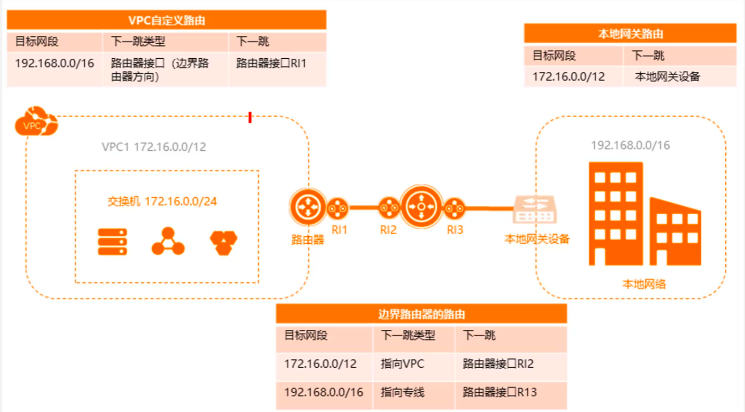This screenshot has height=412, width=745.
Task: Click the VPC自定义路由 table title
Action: [166, 20]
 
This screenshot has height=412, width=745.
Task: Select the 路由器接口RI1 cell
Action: [271, 63]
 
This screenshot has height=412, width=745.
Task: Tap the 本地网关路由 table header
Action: [630, 34]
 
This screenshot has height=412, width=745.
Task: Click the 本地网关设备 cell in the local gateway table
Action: [668, 77]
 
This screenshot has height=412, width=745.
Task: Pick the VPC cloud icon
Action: [36, 122]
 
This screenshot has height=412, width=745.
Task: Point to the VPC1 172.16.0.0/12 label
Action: [154, 147]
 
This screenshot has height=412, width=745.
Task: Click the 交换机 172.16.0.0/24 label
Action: [162, 201]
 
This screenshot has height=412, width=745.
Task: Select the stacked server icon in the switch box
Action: [112, 242]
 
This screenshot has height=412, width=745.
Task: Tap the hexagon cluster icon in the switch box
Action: [224, 242]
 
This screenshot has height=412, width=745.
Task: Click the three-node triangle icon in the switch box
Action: [168, 241]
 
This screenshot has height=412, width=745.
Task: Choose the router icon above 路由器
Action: [307, 207]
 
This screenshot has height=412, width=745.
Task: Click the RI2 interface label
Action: [388, 230]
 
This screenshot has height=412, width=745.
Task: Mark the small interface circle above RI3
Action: [454, 208]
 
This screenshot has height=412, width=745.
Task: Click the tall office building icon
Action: [616, 213]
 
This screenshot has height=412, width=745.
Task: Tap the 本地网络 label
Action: [644, 284]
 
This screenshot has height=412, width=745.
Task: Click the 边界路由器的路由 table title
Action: [421, 314]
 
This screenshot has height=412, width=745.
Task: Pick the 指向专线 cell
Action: [402, 392]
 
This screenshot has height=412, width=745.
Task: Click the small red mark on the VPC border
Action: [250, 118]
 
